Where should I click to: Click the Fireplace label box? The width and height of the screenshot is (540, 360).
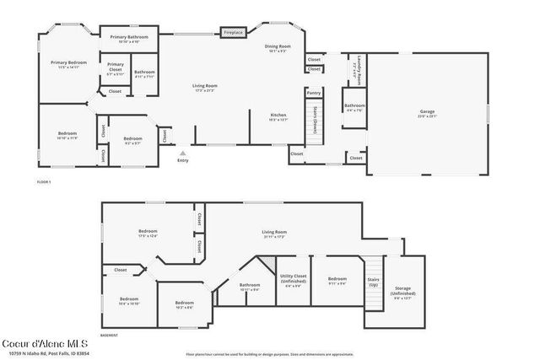pyautogui.click(x=233, y=33)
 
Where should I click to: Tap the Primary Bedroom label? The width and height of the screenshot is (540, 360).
pyautogui.click(x=69, y=64)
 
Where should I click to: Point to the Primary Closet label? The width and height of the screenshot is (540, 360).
pyautogui.click(x=115, y=67)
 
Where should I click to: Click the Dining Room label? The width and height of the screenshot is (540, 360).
pyautogui.click(x=278, y=49)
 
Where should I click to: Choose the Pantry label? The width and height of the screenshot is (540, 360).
pyautogui.click(x=314, y=93)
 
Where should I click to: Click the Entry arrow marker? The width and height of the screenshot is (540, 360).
pyautogui.click(x=183, y=153)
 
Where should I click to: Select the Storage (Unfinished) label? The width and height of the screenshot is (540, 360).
pyautogui.click(x=403, y=293)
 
